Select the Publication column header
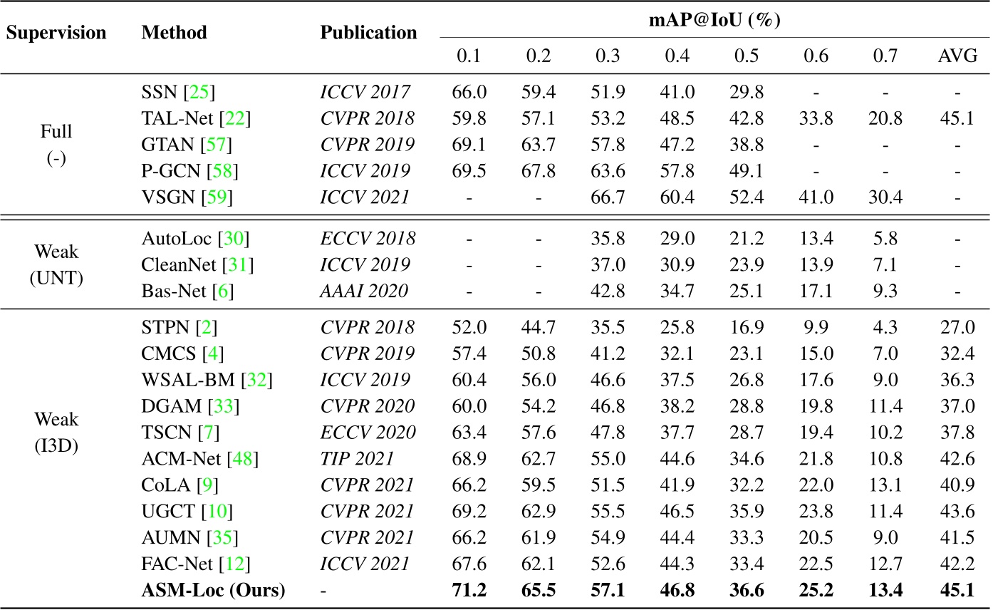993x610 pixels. click(368, 33)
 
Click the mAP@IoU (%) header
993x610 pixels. click(712, 20)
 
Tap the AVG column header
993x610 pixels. click(957, 56)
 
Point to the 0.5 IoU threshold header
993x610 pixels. click(748, 56)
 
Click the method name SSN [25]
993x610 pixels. click(178, 92)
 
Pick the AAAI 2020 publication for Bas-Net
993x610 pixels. click(363, 290)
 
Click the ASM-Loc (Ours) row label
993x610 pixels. click(213, 591)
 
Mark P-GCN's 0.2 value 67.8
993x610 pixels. click(539, 171)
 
